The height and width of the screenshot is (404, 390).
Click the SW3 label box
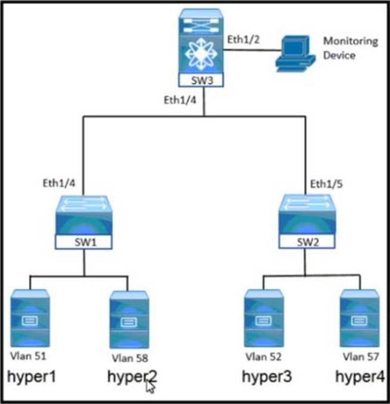tap(203, 79)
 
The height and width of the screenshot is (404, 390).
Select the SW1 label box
tap(84, 243)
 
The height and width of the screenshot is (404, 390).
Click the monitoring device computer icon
tap(293, 52)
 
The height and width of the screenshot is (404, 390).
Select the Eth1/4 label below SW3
tap(180, 100)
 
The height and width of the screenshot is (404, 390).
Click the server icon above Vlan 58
tap(129, 319)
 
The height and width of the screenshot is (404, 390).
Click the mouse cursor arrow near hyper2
tap(150, 387)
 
